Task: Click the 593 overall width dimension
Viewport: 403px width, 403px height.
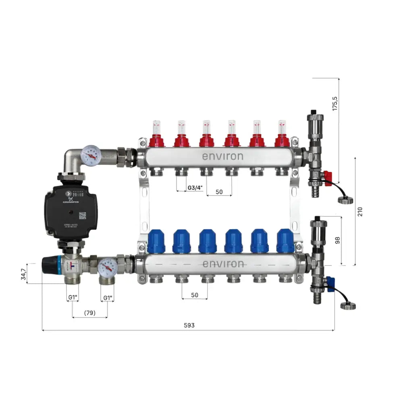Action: [x=188, y=325]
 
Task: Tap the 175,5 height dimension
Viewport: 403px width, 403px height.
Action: [x=335, y=104]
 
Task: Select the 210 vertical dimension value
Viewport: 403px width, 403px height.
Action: [x=360, y=211]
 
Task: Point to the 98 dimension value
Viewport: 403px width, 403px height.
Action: [x=338, y=240]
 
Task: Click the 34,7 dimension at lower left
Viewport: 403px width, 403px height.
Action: [x=24, y=274]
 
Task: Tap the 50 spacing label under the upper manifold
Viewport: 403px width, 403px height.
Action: [x=219, y=192]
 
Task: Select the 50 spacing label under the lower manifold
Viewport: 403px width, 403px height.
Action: [x=195, y=295]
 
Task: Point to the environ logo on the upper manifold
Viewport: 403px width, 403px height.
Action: [x=222, y=156]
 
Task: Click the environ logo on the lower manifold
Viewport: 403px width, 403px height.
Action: [x=222, y=264]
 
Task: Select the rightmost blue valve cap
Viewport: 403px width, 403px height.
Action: [x=285, y=241]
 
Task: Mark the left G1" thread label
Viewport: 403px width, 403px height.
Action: [x=73, y=298]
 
